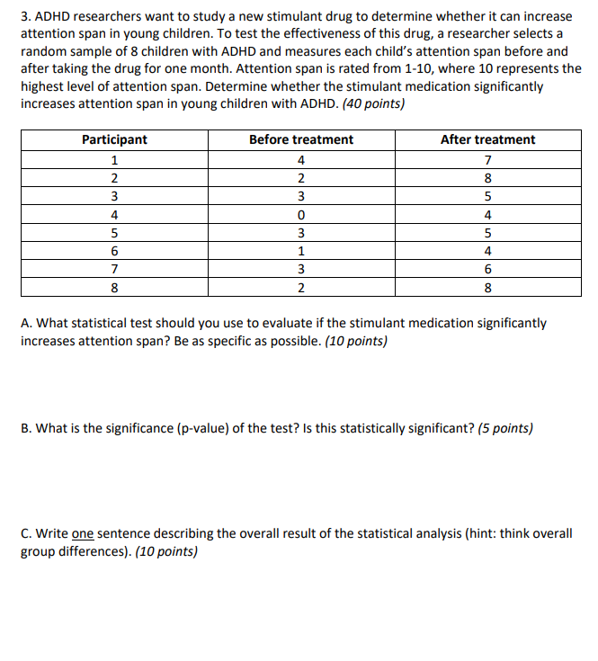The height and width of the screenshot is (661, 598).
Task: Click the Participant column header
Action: (x=114, y=139)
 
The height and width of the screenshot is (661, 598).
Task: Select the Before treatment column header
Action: (x=300, y=139)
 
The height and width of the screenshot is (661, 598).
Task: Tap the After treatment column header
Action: (x=487, y=139)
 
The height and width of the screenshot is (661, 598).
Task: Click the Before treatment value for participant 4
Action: (x=300, y=215)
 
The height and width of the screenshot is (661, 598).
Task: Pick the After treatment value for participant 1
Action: (x=487, y=160)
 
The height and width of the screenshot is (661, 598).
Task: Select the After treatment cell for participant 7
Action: (x=487, y=269)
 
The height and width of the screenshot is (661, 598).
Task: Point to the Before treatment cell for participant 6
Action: (x=300, y=251)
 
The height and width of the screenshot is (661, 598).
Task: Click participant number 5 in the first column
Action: (x=114, y=233)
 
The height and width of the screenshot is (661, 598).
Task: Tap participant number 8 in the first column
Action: (x=114, y=288)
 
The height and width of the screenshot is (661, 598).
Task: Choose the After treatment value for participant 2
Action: (x=487, y=178)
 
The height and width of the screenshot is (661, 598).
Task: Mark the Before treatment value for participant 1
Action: (x=300, y=160)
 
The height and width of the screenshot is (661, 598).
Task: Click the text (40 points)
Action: (x=372, y=103)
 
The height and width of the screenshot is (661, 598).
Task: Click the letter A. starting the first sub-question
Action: (x=26, y=323)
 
